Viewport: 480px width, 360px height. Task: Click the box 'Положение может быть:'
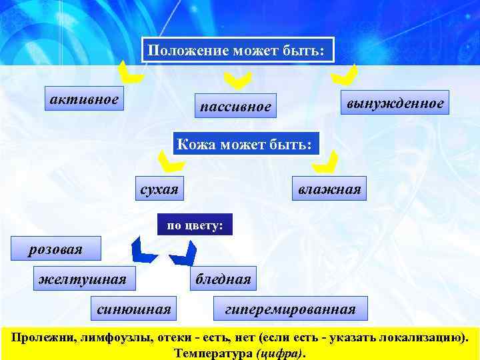[x=237, y=51]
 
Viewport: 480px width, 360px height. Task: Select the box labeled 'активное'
[x=84, y=100]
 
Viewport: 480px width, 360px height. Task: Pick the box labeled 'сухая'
[x=159, y=189]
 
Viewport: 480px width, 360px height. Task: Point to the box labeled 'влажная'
[x=329, y=189]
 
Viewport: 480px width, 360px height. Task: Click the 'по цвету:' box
[x=195, y=226]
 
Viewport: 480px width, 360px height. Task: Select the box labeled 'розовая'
[x=55, y=249]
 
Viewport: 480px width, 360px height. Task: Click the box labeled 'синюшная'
[x=133, y=308]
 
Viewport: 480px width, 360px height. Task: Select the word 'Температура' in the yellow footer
[x=213, y=351]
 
